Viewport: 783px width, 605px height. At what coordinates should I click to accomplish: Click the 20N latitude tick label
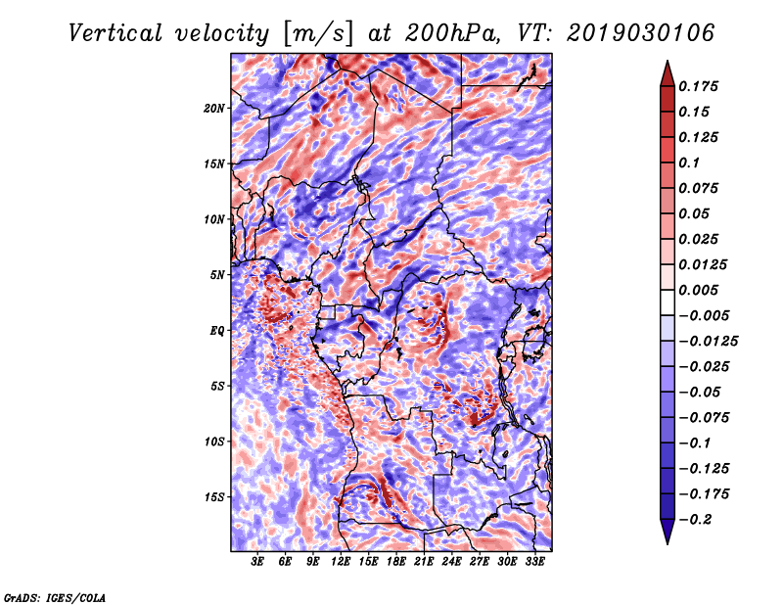point(214,108)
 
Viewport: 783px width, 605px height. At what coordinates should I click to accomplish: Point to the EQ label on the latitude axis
point(216,331)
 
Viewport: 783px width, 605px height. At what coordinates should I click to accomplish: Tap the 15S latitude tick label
point(214,497)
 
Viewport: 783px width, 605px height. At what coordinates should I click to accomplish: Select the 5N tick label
point(217,275)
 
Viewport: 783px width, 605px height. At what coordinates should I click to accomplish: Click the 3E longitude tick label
point(256,562)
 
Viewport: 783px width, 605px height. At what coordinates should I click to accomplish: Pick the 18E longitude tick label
point(395,562)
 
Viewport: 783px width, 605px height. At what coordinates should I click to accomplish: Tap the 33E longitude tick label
point(534,562)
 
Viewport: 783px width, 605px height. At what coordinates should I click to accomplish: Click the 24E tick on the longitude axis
point(451,562)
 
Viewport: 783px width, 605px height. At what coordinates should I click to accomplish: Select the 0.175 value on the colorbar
point(698,86)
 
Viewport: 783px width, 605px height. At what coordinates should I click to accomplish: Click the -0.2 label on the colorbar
point(695,520)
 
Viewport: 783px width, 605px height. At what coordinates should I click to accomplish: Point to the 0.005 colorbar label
point(698,290)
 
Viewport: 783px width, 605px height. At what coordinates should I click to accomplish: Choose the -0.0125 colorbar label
point(708,342)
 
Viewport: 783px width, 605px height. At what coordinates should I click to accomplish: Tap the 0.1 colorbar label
point(689,163)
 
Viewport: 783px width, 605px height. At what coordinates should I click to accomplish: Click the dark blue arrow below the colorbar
point(668,532)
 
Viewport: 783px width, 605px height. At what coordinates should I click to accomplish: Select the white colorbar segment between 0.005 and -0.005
point(668,302)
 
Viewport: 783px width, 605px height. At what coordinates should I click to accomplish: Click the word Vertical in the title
point(115,33)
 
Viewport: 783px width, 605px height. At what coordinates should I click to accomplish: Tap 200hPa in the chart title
point(450,33)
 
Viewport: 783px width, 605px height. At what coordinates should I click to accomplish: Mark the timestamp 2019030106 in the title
point(640,33)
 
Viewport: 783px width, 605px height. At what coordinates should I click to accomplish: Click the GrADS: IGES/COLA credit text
point(55,597)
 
